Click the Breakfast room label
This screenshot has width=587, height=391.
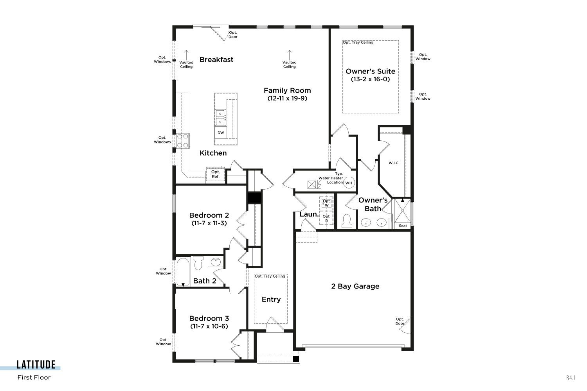coord(216,60)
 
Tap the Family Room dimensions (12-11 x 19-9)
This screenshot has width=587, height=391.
coord(287,99)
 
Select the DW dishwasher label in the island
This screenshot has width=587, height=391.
coord(221,133)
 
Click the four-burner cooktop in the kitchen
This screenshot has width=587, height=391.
coord(183,141)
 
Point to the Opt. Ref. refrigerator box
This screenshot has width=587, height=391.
coord(215,174)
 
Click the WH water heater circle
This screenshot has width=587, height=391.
coord(349,183)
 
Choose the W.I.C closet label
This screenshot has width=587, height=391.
coord(393,163)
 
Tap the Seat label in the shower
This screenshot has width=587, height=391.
coord(403,226)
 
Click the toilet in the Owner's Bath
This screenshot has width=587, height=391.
coord(347,221)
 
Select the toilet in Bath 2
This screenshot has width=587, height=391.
coord(198,263)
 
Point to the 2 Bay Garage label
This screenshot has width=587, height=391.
coord(355,286)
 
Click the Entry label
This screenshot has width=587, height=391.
coord(271,300)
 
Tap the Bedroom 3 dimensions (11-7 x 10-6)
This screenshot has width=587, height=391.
coord(209,326)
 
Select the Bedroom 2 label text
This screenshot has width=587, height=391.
coord(209,215)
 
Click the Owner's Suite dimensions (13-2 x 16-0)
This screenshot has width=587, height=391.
coord(370,79)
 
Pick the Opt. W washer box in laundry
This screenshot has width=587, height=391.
coord(326,203)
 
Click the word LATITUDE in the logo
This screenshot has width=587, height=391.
coord(36,364)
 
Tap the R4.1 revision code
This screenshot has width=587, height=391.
coord(571,377)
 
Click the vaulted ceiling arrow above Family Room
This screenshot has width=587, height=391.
coord(289,55)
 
